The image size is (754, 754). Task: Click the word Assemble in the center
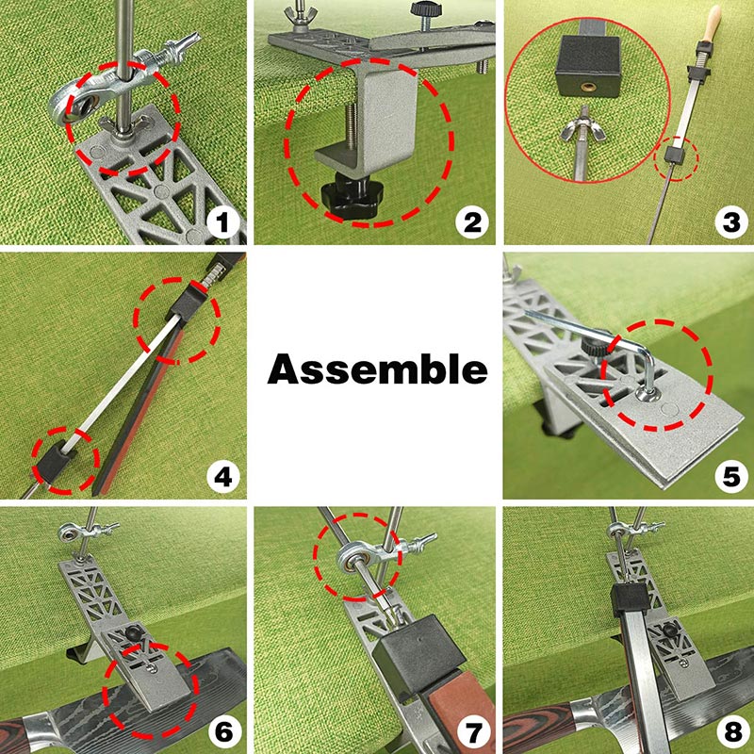point(378,369)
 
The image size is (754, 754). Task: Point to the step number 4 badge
point(223,476)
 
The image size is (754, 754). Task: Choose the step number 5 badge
point(725,476)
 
